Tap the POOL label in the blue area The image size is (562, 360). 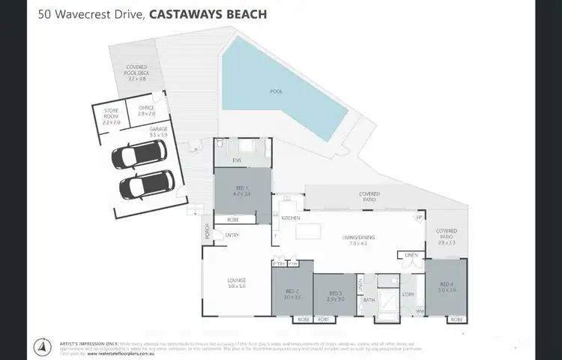pos(277,91)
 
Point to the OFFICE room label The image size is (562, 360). pos(145,109)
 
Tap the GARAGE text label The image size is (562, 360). pos(158,129)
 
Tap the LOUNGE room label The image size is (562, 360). pos(237,281)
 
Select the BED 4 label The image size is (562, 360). pos(447,284)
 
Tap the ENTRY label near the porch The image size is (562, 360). pos(232,235)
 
